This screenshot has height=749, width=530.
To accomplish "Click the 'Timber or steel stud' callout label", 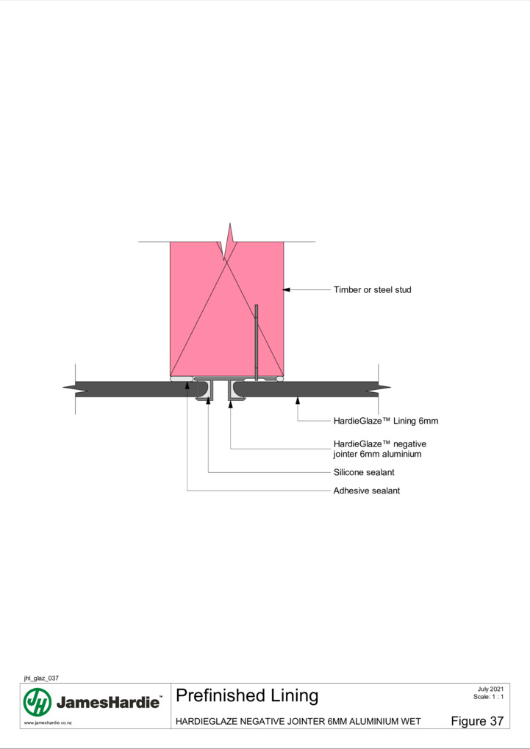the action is [372, 289].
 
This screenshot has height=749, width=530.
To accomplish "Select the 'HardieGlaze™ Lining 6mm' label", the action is [385, 421].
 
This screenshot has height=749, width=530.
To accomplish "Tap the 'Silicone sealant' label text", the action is [364, 472].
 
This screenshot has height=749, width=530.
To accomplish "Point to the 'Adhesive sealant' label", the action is [366, 491].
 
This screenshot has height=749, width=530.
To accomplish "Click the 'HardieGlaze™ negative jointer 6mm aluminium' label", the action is [380, 449].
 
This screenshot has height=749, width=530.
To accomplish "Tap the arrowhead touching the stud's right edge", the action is [287, 289].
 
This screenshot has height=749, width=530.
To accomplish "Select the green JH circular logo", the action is [37, 702].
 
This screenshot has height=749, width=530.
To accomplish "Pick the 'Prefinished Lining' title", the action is [247, 695].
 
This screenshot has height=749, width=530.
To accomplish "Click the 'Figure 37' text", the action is [477, 721].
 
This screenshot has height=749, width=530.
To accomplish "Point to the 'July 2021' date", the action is [490, 689].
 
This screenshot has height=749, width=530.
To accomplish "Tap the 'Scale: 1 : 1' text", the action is [488, 696].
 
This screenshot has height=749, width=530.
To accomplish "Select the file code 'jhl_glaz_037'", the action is [41, 678].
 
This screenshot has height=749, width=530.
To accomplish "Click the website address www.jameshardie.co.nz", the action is [48, 723].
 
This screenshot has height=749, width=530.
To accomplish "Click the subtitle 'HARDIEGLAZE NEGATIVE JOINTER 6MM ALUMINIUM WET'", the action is [298, 721].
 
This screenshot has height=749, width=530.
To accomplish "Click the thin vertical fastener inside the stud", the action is [257, 342].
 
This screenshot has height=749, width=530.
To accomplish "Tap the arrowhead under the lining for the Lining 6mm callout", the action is [298, 400].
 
